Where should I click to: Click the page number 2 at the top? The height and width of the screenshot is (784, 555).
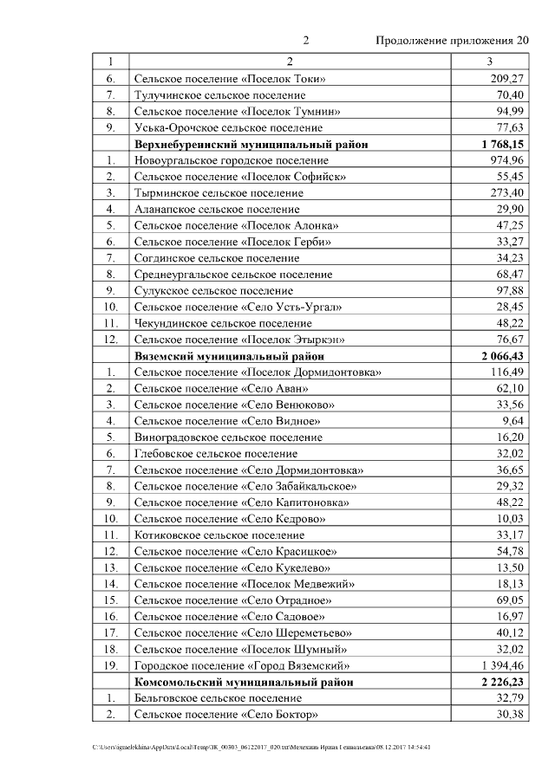306,41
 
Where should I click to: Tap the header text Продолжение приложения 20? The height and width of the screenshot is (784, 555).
451,41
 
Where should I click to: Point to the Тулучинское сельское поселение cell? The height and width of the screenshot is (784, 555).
219,94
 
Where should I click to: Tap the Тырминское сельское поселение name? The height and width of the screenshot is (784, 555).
218,192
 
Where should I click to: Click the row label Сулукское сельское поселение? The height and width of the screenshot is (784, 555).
213,290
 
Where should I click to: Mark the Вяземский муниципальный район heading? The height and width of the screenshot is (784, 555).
230,356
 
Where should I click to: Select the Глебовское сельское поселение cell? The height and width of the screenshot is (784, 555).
215,453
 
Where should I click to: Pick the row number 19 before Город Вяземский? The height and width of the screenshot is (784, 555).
110,665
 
